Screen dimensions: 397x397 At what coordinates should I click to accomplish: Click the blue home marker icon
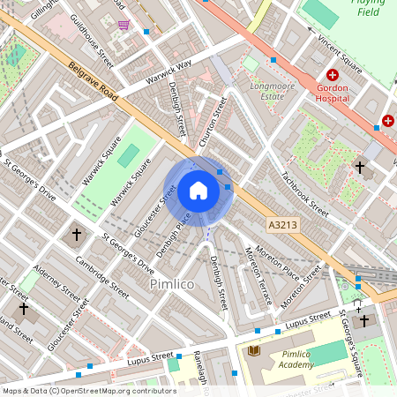click(x=198, y=191)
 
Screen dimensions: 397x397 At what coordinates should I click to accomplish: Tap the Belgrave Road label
click(x=93, y=85)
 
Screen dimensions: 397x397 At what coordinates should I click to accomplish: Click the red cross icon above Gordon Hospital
click(x=333, y=77)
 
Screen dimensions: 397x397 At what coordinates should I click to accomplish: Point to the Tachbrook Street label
click(x=305, y=194)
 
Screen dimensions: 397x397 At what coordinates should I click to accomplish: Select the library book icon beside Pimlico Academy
click(x=256, y=352)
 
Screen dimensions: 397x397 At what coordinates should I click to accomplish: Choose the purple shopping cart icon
click(x=124, y=25)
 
